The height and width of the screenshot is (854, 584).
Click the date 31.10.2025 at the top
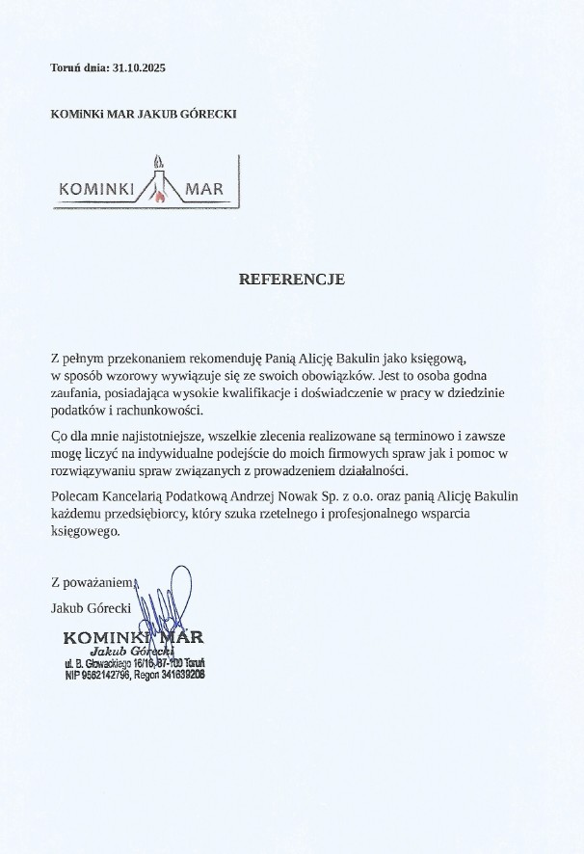[140, 67]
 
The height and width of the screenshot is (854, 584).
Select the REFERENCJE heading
[291, 280]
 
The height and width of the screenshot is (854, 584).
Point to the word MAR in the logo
[205, 189]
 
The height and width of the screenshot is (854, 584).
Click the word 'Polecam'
[72, 495]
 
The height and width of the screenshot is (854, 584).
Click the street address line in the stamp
[133, 665]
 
